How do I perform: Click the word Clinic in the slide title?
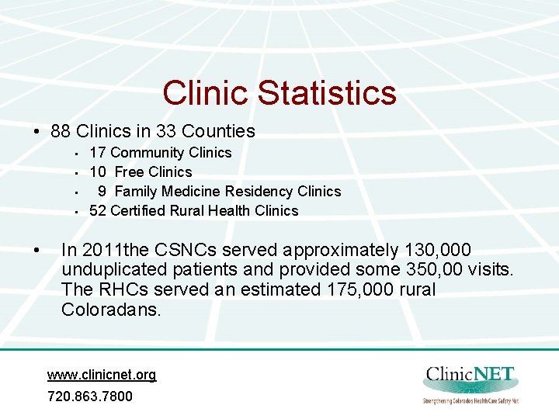point(206,93)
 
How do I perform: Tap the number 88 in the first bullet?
point(61,131)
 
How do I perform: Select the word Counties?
point(217,131)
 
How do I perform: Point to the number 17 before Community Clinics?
point(98,153)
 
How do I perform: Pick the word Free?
point(129,172)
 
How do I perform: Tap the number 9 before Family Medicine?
point(102,191)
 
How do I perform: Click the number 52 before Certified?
point(98,210)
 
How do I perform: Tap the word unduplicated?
point(113,271)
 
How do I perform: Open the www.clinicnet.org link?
point(102,375)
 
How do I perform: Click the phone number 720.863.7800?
point(89,396)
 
